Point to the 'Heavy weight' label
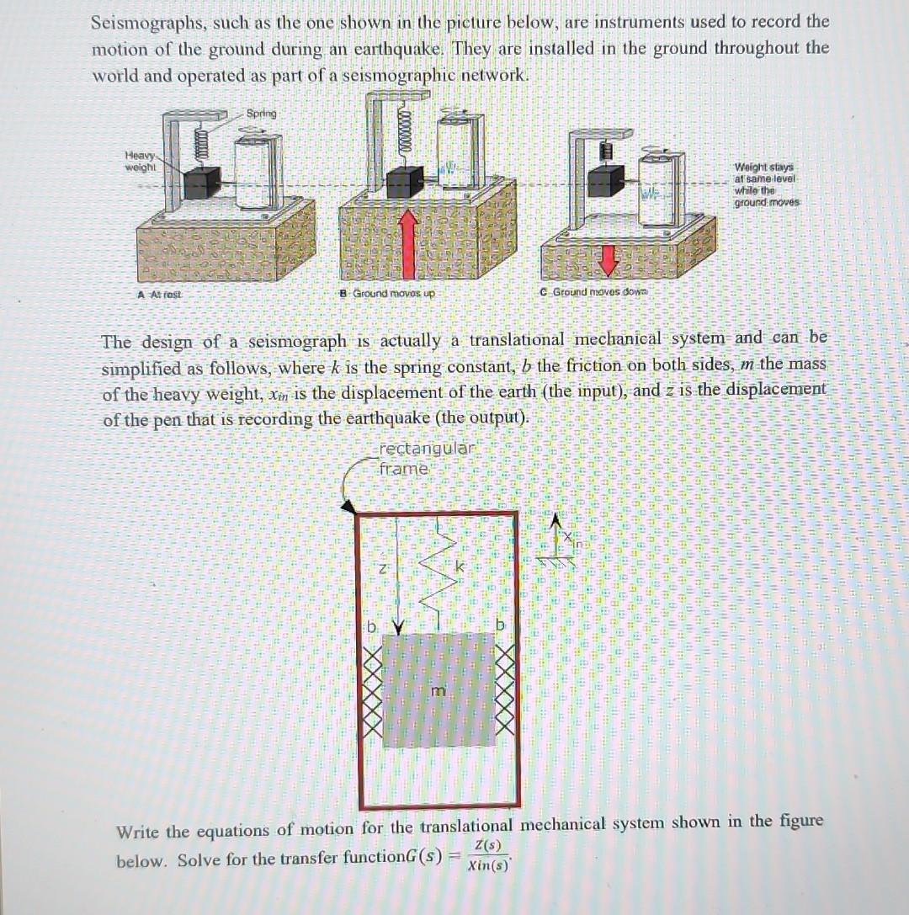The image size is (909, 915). click(139, 160)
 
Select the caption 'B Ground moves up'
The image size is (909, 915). click(388, 294)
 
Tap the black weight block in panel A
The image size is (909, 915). click(203, 179)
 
